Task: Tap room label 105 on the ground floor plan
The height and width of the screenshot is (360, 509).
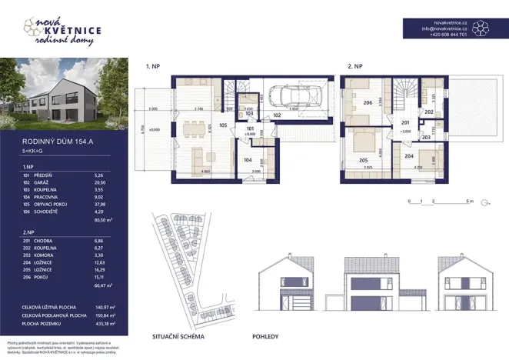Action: [223, 124]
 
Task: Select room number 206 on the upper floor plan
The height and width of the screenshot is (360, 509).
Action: [368, 103]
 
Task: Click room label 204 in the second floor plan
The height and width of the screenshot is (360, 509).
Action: [409, 155]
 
